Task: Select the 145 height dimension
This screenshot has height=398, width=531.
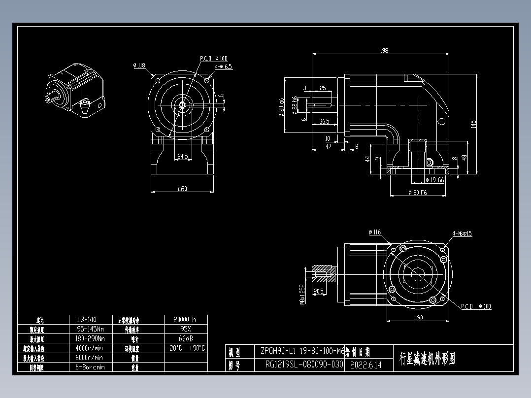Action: point(472,124)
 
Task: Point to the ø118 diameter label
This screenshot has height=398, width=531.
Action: point(139,65)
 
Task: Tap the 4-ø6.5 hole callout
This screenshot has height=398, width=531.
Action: point(223,66)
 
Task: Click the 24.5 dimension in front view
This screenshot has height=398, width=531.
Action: point(182,157)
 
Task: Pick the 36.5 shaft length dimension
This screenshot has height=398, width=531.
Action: point(324,121)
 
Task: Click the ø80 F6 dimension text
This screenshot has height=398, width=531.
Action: point(418,193)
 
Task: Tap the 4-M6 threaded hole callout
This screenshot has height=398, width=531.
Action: point(462,233)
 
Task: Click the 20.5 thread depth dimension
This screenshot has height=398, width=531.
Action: point(318,291)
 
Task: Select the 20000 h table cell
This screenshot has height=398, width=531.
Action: point(185,319)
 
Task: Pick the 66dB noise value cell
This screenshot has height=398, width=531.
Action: point(185,338)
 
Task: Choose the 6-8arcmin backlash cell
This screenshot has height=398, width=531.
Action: point(90,367)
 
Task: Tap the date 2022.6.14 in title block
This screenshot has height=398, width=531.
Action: point(365,365)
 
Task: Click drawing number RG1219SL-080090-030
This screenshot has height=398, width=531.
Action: point(303,365)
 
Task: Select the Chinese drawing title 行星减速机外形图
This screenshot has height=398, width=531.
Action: point(428,359)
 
